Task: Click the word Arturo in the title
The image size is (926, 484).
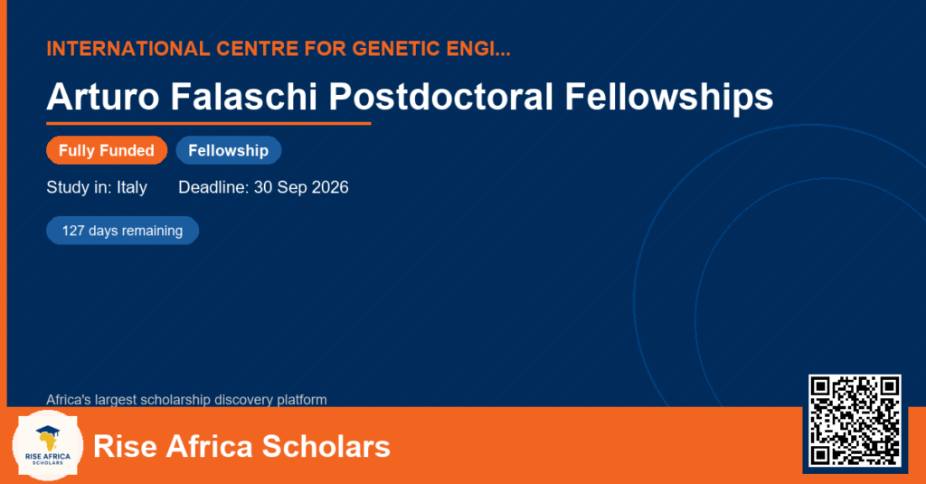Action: (x=103, y=96)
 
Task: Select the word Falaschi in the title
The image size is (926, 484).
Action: (x=244, y=96)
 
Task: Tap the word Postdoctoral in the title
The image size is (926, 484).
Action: (x=441, y=96)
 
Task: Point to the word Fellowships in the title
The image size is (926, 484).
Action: (x=669, y=97)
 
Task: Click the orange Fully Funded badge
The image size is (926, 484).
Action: (x=107, y=150)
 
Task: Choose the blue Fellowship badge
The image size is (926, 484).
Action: (x=229, y=150)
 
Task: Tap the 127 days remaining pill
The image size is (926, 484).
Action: (x=122, y=231)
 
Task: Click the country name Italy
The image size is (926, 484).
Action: (x=132, y=188)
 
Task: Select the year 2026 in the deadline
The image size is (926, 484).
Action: (x=329, y=187)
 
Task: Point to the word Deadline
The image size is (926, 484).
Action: (x=213, y=187)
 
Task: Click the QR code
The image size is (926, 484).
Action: (x=855, y=421)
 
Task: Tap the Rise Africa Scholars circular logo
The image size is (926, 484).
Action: (x=48, y=445)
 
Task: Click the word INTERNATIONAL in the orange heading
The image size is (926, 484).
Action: (x=128, y=49)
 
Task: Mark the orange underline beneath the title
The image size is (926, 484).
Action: (x=209, y=124)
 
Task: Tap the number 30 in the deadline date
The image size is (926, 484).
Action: (x=263, y=187)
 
